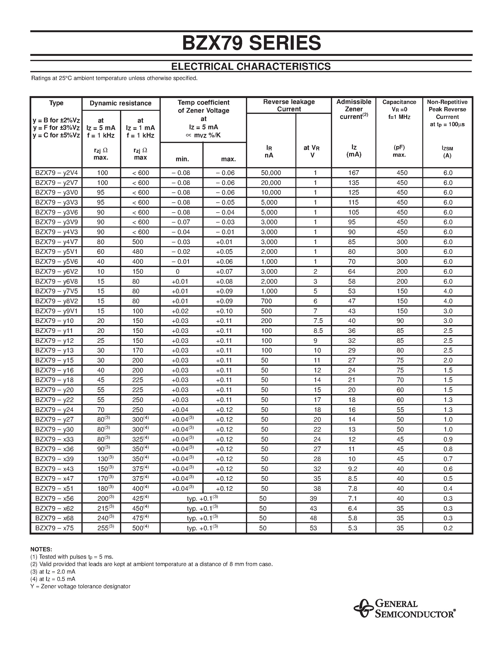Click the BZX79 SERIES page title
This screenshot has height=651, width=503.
pyautogui.click(x=251, y=43)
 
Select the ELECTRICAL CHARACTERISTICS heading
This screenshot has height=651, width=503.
pyautogui.click(x=251, y=67)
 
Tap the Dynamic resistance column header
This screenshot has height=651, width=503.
pyautogui.click(x=120, y=103)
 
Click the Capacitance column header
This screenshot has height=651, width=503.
pyautogui.click(x=399, y=102)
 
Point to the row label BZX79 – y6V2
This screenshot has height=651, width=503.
pyautogui.click(x=56, y=272)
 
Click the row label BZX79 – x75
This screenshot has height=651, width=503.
pyautogui.click(x=54, y=528)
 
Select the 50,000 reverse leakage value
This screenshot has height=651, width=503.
pyautogui.click(x=271, y=173)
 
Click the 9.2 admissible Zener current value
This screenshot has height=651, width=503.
pyautogui.click(x=352, y=469)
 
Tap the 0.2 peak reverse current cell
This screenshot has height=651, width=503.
pyautogui.click(x=448, y=528)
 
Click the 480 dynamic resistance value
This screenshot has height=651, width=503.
pyautogui.click(x=138, y=252)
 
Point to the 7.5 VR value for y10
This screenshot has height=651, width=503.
pyautogui.click(x=318, y=321)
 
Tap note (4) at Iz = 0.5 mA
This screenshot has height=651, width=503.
pyautogui.click(x=53, y=579)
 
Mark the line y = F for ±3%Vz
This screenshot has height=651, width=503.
pyautogui.click(x=56, y=128)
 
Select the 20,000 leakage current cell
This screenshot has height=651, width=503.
pyautogui.click(x=271, y=183)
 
